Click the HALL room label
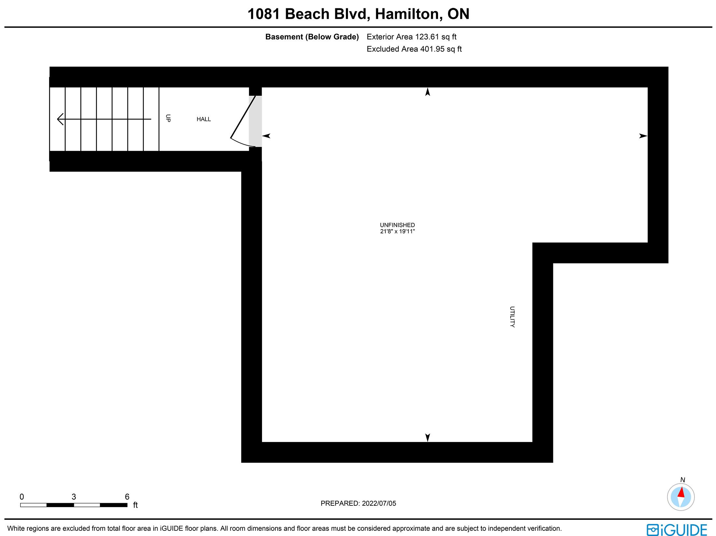coord(203,119)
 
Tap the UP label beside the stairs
coord(168,118)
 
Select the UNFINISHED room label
coord(397,225)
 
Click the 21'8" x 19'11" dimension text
coord(397,231)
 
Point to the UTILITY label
coord(512,317)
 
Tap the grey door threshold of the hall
coord(255,121)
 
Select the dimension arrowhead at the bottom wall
coord(428,438)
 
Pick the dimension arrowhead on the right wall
coord(643,136)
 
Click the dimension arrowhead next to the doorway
coord(266,136)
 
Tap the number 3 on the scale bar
coord(74,497)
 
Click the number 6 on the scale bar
coord(127,497)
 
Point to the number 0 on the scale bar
coord(22,497)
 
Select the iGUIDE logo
coord(677,529)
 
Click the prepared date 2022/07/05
coord(379,503)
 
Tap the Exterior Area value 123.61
coord(427,37)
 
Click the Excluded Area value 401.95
coord(432,49)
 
